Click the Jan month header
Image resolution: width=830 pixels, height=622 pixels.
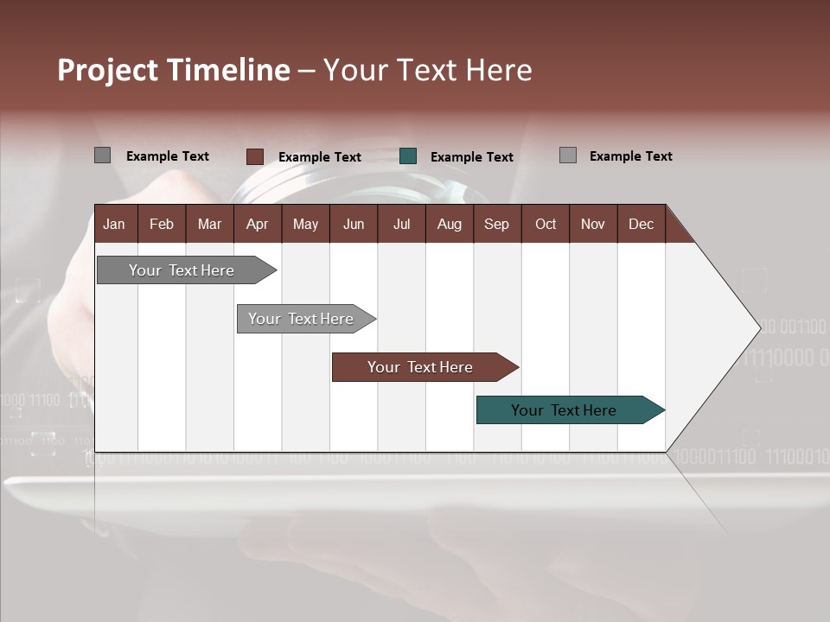point(114,225)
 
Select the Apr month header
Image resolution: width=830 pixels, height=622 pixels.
point(257,225)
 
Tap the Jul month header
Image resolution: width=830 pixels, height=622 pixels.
point(401,225)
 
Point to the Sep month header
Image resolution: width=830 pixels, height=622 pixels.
point(496,225)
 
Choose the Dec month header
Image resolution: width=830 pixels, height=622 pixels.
point(641,225)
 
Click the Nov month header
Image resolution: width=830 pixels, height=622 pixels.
point(592,225)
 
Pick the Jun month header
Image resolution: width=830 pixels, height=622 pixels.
point(353,225)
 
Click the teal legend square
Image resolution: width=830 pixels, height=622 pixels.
point(408,156)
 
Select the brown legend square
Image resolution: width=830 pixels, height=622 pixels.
point(254,156)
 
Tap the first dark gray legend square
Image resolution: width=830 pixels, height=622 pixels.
point(102,155)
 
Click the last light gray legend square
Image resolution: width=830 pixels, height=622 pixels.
point(567,155)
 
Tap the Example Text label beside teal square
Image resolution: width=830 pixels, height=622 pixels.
point(471,157)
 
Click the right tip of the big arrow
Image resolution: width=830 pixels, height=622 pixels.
point(758,327)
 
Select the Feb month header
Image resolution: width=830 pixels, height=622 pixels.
point(162,225)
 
